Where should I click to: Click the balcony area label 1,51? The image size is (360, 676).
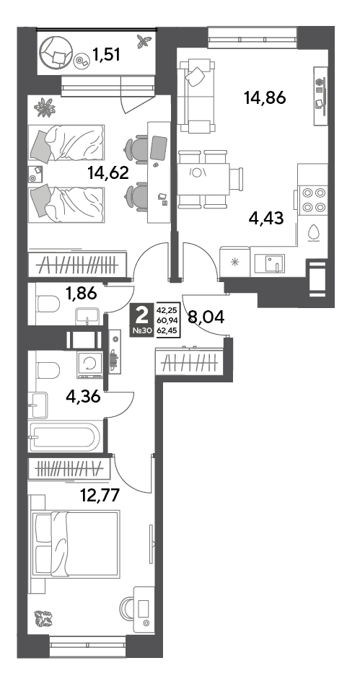(106, 55)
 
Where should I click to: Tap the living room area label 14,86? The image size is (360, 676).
(265, 98)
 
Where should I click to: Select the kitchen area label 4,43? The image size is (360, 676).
(266, 218)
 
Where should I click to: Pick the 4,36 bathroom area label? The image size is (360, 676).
(83, 395)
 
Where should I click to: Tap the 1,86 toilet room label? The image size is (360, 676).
(82, 294)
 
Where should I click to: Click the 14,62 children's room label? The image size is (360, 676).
(108, 173)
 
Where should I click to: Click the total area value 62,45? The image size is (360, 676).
(169, 331)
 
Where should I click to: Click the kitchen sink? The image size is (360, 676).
(270, 263)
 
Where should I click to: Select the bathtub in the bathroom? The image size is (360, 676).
(65, 437)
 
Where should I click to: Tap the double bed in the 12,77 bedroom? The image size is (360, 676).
(76, 544)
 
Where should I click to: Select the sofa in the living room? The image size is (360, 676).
(197, 97)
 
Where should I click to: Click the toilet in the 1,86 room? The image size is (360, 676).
(48, 304)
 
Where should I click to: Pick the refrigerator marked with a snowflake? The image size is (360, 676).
(234, 261)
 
